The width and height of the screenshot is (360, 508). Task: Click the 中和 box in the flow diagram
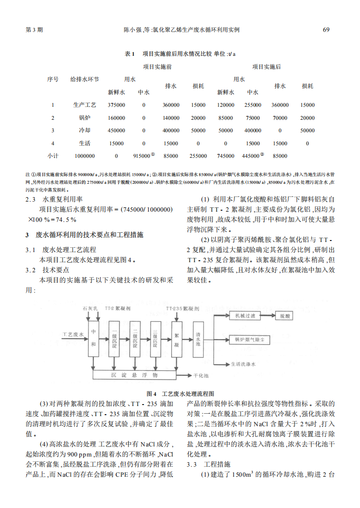click(93, 339)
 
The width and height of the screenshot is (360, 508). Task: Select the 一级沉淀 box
click(115, 339)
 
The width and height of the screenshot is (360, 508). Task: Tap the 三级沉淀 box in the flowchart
click(155, 339)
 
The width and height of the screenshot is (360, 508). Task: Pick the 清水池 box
click(198, 339)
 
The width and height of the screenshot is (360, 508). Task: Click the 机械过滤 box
click(244, 316)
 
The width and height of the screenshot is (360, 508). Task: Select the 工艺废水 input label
click(73, 333)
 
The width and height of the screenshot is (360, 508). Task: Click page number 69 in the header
click(326, 30)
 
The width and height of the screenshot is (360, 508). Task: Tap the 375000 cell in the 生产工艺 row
click(116, 105)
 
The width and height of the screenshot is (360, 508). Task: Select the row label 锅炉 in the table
click(84, 118)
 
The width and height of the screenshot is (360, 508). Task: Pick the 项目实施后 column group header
click(267, 66)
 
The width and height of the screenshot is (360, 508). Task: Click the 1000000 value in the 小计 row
click(85, 156)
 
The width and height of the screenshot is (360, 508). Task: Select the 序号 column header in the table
click(52, 79)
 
